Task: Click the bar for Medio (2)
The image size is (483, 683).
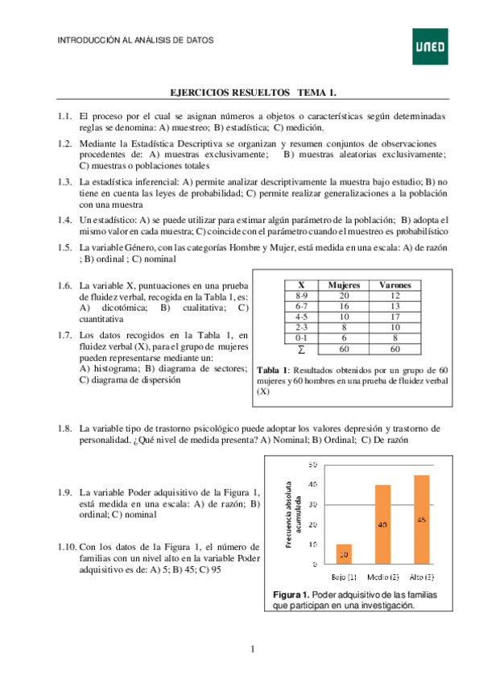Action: tap(382, 524)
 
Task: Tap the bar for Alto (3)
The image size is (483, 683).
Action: tap(421, 519)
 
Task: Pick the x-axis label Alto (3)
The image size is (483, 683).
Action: tap(423, 577)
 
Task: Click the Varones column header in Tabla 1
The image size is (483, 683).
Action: tap(394, 285)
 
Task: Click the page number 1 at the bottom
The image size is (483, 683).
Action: tap(252, 649)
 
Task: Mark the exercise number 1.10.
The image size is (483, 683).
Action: tap(68, 546)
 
